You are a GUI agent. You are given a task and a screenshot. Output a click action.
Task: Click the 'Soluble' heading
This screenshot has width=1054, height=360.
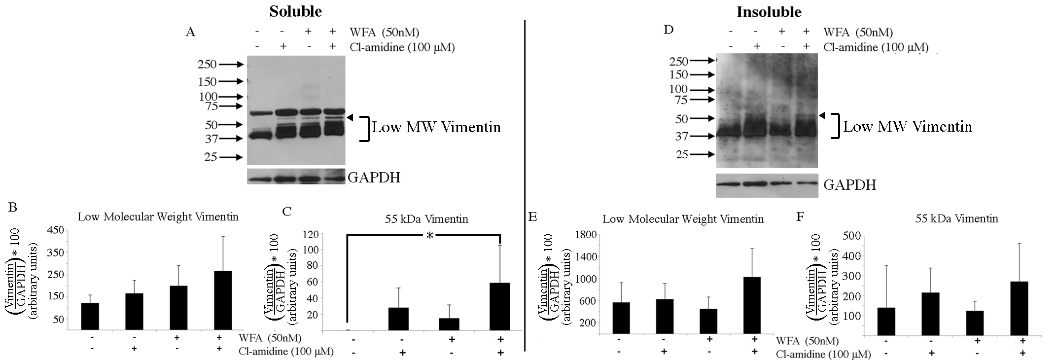pos(295,11)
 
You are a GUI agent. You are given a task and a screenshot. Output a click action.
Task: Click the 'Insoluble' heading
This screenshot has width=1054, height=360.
pos(769,12)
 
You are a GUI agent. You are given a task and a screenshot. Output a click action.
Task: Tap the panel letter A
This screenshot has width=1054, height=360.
pos(190,33)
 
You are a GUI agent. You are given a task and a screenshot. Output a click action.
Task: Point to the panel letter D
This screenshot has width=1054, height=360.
pos(668,30)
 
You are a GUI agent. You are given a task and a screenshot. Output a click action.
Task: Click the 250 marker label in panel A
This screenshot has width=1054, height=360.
pos(207,64)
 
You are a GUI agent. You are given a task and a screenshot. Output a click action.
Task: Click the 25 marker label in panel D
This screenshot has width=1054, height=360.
pos(682,154)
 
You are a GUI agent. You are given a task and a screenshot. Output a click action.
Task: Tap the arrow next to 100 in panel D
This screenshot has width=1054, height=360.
pos(702,90)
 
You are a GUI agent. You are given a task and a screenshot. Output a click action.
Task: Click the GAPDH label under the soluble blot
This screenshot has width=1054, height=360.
pos(374,178)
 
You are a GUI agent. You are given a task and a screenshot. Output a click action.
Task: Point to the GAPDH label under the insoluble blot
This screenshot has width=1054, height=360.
pos(850,185)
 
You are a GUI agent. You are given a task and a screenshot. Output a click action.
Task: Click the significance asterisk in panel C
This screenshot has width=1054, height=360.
pos(430,236)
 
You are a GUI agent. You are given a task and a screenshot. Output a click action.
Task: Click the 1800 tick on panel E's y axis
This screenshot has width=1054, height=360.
pos(586,235)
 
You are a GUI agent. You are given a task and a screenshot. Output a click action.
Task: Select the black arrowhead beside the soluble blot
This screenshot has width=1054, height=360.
pos(351,117)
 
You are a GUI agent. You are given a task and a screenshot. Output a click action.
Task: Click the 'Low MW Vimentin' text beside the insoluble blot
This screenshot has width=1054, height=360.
pos(908,127)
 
